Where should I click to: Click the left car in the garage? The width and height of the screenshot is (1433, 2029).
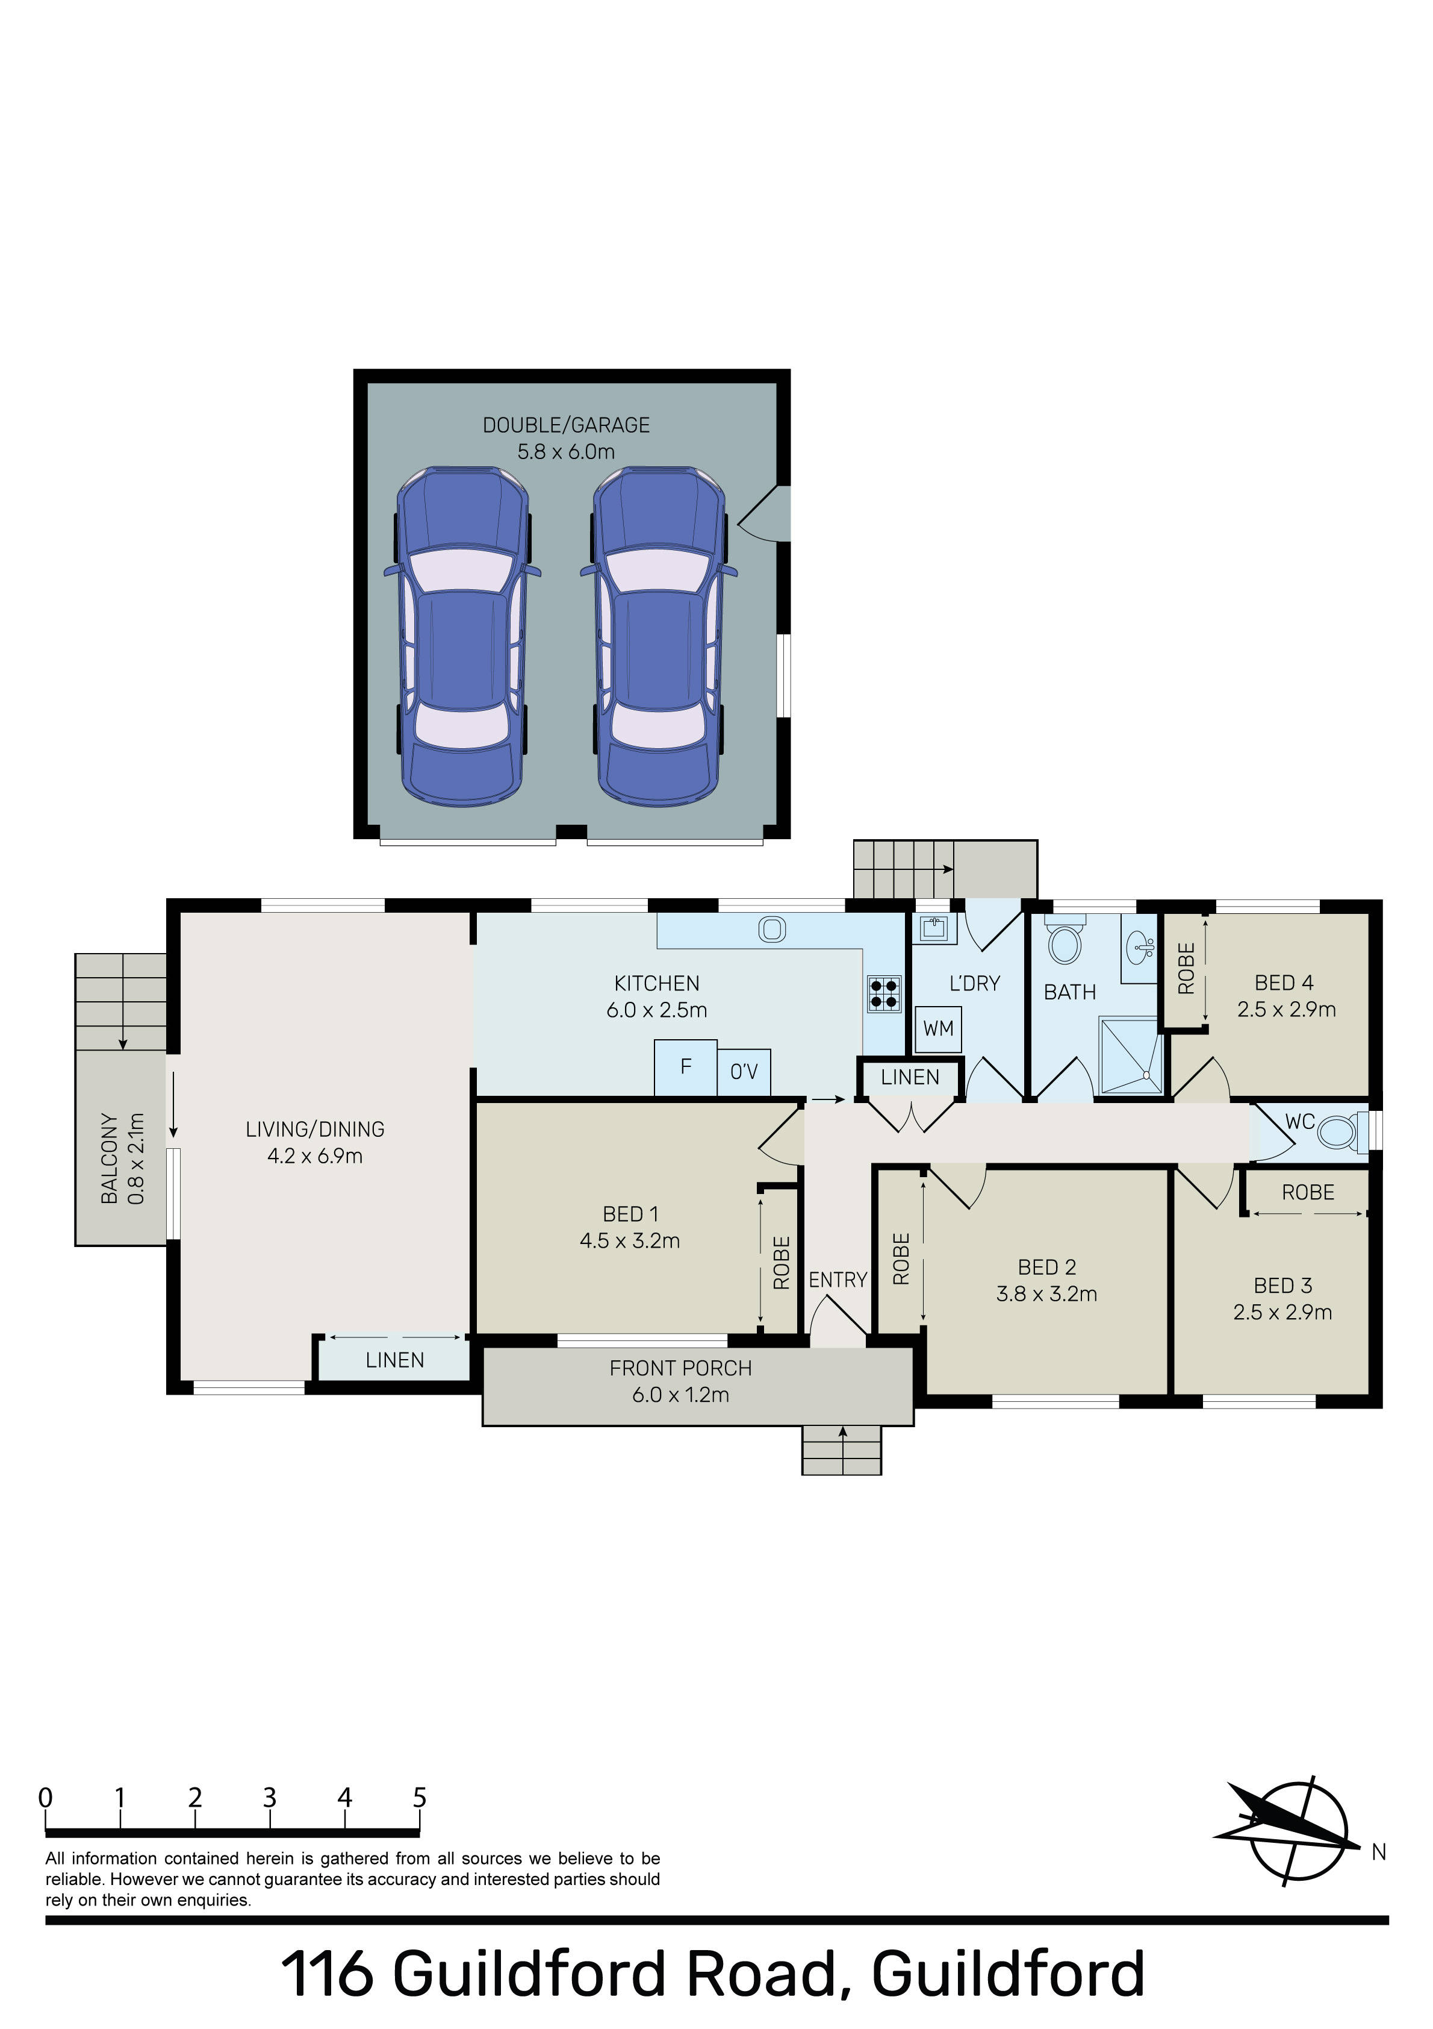462,636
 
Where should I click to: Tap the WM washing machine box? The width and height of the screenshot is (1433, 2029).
938,1028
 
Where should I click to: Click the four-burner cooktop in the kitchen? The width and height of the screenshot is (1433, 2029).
884,992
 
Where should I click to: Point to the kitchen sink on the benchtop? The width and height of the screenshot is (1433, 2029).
772,929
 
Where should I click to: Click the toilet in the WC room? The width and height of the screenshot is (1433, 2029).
1341,1132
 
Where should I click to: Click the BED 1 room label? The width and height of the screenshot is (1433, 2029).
630,1215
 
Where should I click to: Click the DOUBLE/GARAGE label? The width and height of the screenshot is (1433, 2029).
567,425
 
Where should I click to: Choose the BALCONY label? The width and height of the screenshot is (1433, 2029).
110,1158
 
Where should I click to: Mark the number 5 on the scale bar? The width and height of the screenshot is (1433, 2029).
420,1798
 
